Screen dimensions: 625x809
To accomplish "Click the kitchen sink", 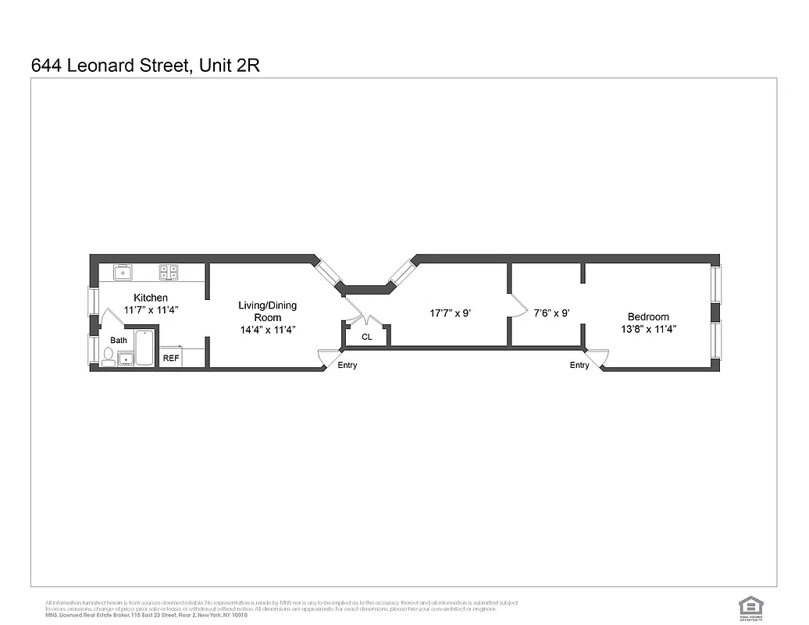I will tap(123, 273).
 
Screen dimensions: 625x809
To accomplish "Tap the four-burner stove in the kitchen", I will tap(169, 273).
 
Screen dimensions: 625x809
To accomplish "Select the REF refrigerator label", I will tap(170, 359).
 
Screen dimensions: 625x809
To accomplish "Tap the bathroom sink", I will tap(125, 359).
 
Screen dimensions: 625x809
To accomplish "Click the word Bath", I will tap(119, 341).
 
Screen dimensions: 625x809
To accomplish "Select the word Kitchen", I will tap(151, 298).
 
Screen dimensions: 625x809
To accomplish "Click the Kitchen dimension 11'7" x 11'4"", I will tap(151, 310).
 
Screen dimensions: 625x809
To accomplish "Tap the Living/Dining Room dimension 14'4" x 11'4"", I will tap(267, 330).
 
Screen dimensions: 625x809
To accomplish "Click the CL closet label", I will tap(366, 337).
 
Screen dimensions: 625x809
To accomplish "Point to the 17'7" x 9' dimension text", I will tap(450, 313).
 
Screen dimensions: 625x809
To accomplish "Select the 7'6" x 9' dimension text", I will tap(551, 313).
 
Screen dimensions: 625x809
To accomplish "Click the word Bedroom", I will tap(648, 316).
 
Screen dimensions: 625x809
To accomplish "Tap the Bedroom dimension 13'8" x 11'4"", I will tap(648, 329).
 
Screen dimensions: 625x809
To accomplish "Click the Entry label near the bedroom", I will tap(579, 365).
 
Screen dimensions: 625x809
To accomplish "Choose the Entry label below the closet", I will tap(347, 365).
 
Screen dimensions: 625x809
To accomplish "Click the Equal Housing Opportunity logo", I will tap(750, 605).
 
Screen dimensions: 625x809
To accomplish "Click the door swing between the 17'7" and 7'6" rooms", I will tap(515, 305).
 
